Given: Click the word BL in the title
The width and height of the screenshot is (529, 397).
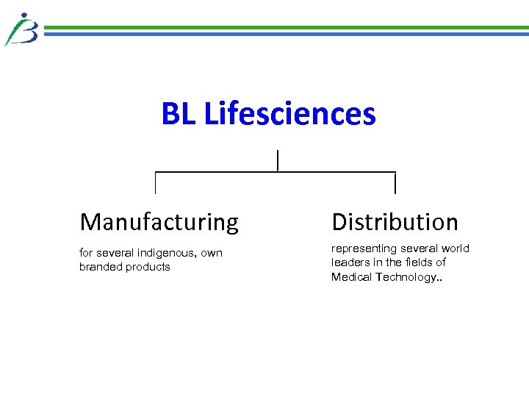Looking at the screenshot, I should [x=179, y=114].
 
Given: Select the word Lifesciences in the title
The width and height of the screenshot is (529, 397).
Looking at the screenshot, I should [x=289, y=114].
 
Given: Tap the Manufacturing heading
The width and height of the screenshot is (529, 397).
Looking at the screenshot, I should [x=159, y=221].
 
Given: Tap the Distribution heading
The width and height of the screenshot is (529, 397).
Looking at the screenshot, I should [x=395, y=221].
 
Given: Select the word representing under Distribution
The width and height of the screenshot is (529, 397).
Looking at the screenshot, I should [x=364, y=248].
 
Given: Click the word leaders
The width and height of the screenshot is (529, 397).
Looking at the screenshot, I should [x=350, y=262].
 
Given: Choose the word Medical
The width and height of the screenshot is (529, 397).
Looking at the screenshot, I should [x=352, y=276].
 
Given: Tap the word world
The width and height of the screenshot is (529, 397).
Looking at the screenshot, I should [x=456, y=248].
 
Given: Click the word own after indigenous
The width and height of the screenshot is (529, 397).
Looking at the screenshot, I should [x=212, y=253].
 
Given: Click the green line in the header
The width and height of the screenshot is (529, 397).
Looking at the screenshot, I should [x=287, y=28].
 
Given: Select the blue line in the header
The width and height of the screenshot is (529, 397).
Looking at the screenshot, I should [x=287, y=34].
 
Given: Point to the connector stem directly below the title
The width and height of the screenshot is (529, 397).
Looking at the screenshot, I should [x=278, y=160].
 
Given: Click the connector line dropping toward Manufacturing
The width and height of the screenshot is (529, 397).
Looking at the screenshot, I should [x=155, y=183].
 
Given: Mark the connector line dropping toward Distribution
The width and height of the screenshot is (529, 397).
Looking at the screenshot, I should [x=395, y=183].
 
